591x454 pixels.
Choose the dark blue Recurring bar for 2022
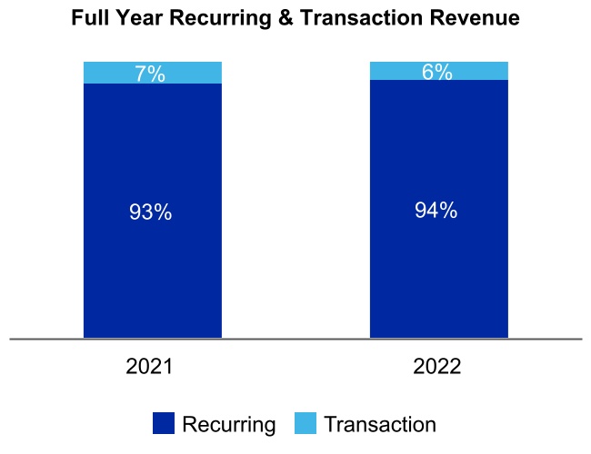[438, 272]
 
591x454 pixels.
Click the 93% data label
[151, 212]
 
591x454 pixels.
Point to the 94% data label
[437, 211]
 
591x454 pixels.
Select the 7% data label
[151, 74]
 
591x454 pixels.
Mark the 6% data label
[437, 73]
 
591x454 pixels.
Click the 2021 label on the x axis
[151, 367]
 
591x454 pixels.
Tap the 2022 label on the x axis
[437, 367]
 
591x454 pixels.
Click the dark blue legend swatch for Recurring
[163, 423]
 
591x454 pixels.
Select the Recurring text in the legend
[228, 424]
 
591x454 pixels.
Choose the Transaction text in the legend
[380, 424]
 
